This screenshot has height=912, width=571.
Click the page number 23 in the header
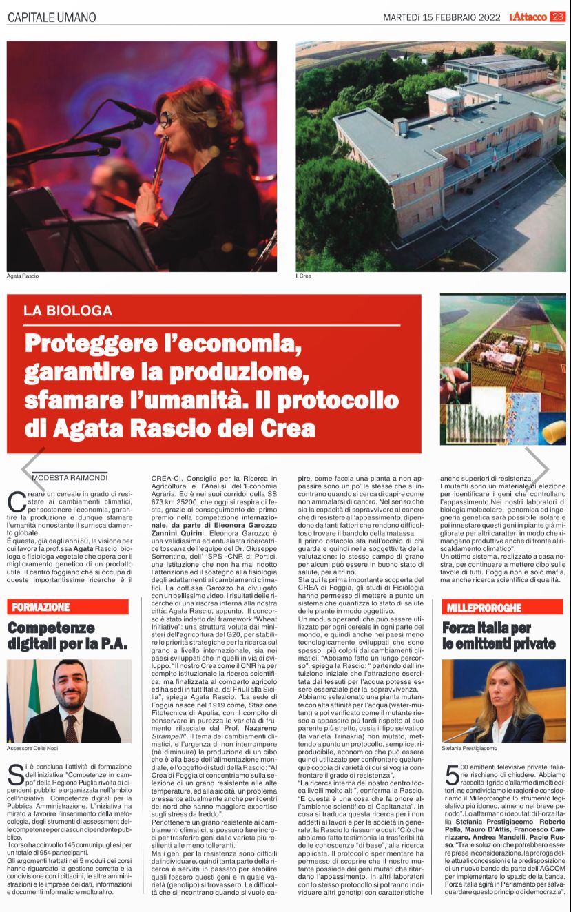pos(557,16)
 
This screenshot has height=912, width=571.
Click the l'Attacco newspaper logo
pos(528,16)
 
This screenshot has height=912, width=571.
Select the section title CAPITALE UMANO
pos(52,17)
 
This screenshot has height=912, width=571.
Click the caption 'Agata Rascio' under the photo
pos(23,276)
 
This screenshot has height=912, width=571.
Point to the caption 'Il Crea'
pos(304,276)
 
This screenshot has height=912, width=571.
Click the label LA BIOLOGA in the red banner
pos(68,311)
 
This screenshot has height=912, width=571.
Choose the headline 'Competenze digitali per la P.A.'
pos(67,636)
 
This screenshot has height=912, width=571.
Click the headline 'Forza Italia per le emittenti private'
pos(498,636)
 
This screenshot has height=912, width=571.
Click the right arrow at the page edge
pos(537,467)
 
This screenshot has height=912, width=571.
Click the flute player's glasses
pos(168,119)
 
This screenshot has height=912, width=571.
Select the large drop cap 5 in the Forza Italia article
pos(450,775)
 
